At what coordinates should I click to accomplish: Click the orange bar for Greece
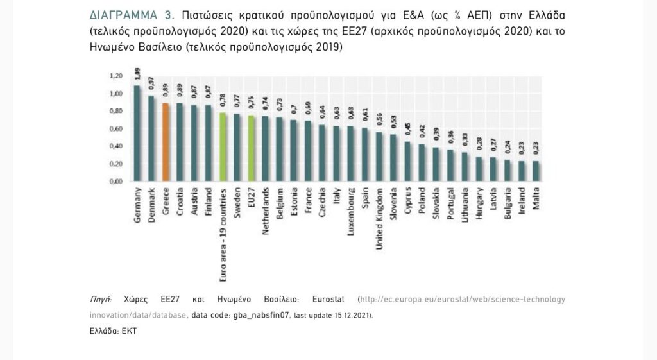pos(165,142)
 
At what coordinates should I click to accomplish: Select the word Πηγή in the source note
pos(101,300)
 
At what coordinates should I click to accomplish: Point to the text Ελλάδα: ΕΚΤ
pos(113,332)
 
